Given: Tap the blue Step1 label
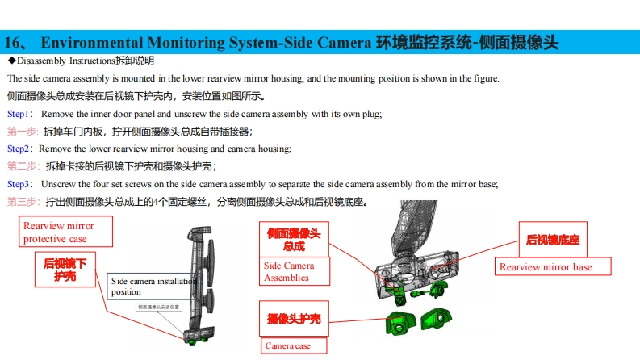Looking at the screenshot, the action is tap(19, 114).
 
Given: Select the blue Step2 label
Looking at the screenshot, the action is tap(19, 149).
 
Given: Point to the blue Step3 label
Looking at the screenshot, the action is tap(19, 184).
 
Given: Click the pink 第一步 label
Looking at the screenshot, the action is tap(23, 132).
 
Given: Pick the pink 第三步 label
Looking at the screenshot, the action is tap(23, 201).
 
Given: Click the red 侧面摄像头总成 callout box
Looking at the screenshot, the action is tap(295, 239).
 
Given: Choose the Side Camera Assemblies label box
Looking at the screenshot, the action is tap(289, 271).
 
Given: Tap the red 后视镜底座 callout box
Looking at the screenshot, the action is tap(553, 240).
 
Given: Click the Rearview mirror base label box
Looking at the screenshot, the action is tap(553, 267).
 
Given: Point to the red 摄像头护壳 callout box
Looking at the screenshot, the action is tap(294, 319).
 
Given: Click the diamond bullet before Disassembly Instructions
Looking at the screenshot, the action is tap(11, 61).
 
